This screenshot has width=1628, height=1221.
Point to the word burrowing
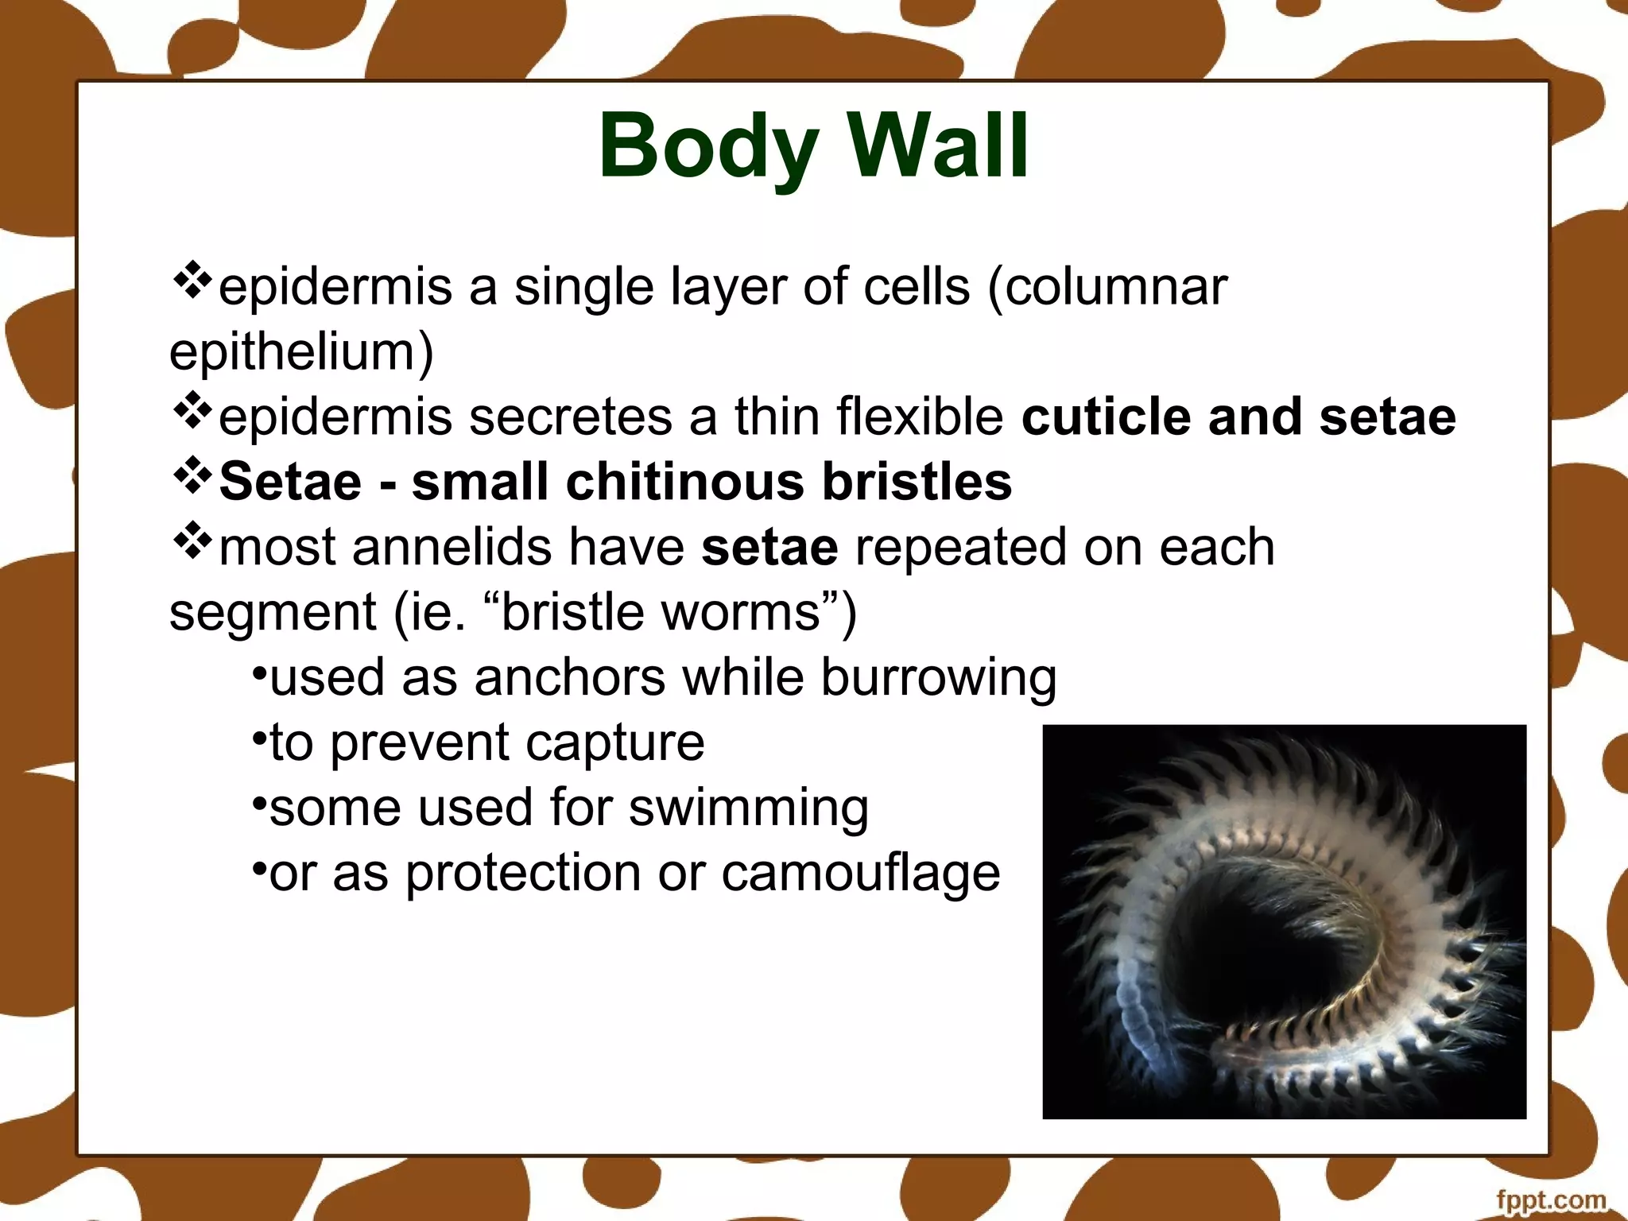938,679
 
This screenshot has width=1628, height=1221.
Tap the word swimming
748,809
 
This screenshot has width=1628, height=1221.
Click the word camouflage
860,874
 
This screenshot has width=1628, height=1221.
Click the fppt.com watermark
1550,1200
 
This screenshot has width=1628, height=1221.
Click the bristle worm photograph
1284,921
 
